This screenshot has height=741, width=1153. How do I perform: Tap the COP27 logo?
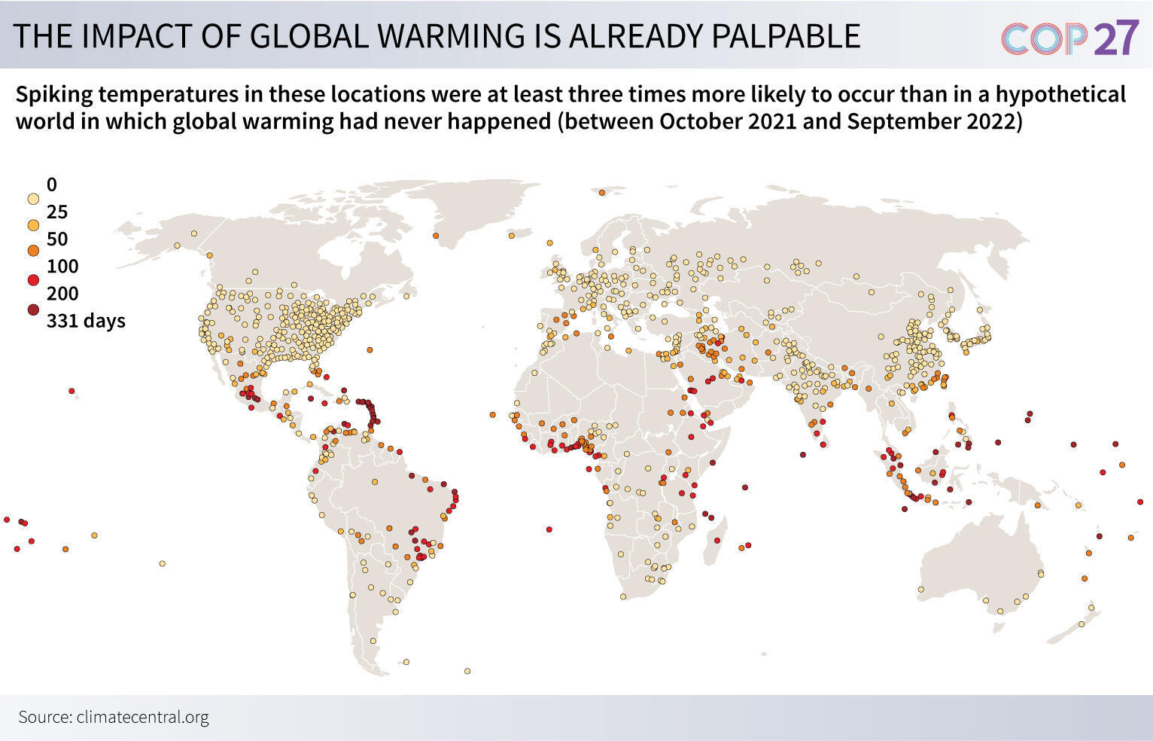click(x=1069, y=38)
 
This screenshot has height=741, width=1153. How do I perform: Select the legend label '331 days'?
click(x=86, y=321)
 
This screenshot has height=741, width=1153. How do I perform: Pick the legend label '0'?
click(x=51, y=184)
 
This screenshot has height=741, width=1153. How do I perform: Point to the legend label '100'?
click(x=62, y=266)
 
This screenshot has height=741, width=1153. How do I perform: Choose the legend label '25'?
click(x=57, y=212)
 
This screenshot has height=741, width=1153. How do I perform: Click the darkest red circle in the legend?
click(x=33, y=309)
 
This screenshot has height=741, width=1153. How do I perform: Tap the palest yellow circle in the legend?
click(x=33, y=200)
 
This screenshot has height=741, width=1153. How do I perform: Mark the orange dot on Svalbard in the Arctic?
click(x=602, y=193)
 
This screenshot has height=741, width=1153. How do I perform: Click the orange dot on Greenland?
click(x=437, y=236)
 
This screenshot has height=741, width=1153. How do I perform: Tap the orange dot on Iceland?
click(x=511, y=236)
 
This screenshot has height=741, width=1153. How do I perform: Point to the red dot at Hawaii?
click(x=71, y=391)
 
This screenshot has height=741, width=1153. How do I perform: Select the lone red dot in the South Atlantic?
click(x=549, y=529)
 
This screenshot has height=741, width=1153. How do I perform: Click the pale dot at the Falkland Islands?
click(x=406, y=662)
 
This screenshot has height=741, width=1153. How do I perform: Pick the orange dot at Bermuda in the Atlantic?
click(x=370, y=349)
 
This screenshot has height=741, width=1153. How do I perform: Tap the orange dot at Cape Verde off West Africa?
click(x=492, y=414)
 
